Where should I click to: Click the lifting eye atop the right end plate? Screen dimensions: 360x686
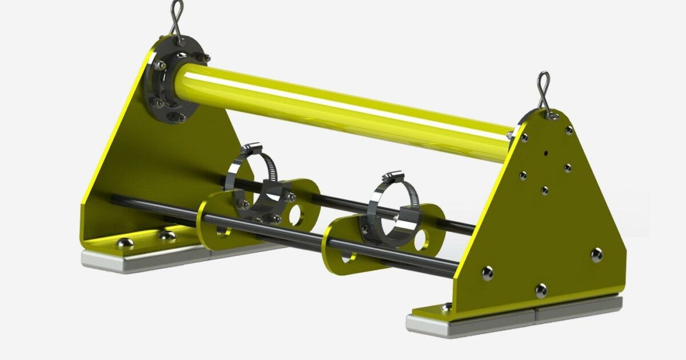(x=544, y=91)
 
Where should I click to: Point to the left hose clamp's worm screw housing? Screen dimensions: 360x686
(x=250, y=151)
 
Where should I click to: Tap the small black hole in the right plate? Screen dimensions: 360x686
(x=547, y=153)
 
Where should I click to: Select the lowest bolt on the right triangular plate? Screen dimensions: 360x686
(x=541, y=290)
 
